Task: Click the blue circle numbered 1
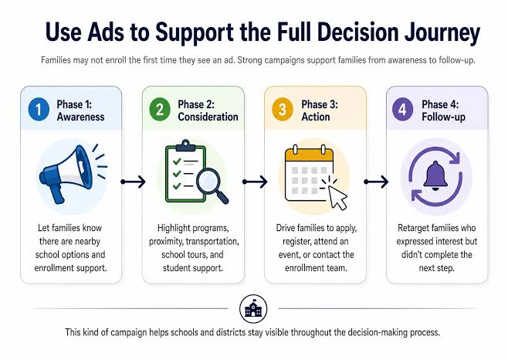pos(39,110)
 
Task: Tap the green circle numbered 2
pos(160,110)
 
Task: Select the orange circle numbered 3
pos(283,110)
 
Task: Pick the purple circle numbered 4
pos(402,110)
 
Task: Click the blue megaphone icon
pos(69,173)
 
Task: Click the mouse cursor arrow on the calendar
pos(337,197)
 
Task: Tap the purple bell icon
pos(435,176)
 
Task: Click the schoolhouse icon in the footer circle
pos(253,309)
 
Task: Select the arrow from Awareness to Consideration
pos(133,182)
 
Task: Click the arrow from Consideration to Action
pos(255,182)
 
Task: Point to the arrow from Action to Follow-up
pos(376,182)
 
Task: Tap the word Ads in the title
pos(105,32)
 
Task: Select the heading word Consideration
pos(208,117)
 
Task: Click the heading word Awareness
pos(80,117)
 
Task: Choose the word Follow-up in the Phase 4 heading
pos(443,117)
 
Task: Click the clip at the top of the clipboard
pos(185,146)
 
